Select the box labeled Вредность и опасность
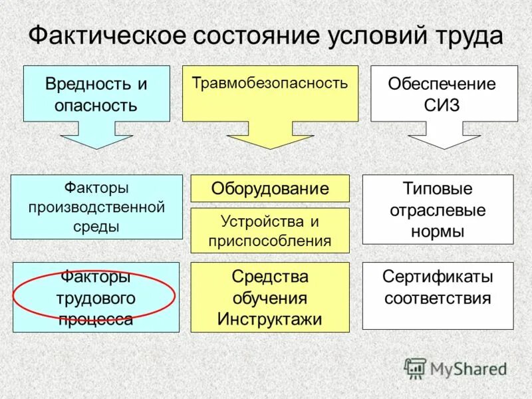(x=96, y=94)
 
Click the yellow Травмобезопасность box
(x=270, y=93)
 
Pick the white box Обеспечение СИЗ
(x=444, y=94)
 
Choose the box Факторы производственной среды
(x=96, y=207)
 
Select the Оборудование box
(x=270, y=188)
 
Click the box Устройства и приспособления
(x=270, y=230)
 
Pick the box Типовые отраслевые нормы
(x=438, y=209)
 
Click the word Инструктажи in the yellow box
(x=270, y=319)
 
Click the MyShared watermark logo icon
(x=415, y=368)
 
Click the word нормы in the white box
(x=438, y=231)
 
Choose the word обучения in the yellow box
(x=270, y=297)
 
